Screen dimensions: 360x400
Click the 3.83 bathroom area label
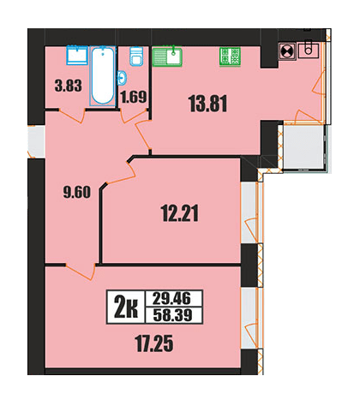68,86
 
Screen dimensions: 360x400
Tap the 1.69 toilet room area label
134,97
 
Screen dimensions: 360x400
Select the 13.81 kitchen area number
208,104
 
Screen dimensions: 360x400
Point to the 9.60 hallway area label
76,192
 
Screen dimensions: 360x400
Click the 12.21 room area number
180,213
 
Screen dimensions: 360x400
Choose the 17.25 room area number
154,343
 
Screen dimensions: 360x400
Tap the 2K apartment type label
126,307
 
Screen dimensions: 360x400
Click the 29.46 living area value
172,299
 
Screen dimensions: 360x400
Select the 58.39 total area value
172,315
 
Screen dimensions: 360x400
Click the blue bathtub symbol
103,75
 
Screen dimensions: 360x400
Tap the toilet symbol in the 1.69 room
136,57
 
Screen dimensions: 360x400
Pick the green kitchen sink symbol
167,57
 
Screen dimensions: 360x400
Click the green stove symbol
230,56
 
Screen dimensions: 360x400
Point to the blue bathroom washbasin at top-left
77,55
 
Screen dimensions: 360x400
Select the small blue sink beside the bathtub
123,78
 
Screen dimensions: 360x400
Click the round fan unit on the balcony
286,51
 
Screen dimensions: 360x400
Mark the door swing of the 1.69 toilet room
134,116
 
